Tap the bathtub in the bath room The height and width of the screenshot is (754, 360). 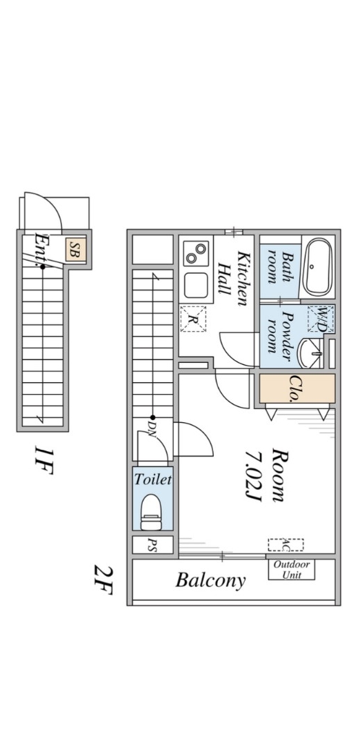coord(318,267)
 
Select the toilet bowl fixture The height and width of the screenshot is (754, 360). coord(152,512)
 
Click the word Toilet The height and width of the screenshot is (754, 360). coord(152,479)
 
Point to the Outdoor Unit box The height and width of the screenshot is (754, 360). coord(292,570)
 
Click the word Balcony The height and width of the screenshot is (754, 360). coord(210,581)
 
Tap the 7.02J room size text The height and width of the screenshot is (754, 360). coord(253,477)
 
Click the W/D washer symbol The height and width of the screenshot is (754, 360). coord(321,319)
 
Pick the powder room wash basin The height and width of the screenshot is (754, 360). coord(310,353)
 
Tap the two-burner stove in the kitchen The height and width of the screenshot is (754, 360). coord(196,253)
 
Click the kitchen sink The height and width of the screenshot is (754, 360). coord(196,286)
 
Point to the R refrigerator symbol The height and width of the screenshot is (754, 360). coord(192,319)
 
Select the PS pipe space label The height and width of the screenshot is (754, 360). coord(153,545)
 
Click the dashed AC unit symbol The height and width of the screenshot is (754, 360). coord(286,545)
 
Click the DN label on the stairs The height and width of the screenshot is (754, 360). coord(152,427)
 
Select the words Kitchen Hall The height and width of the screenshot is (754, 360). coord(233,279)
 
